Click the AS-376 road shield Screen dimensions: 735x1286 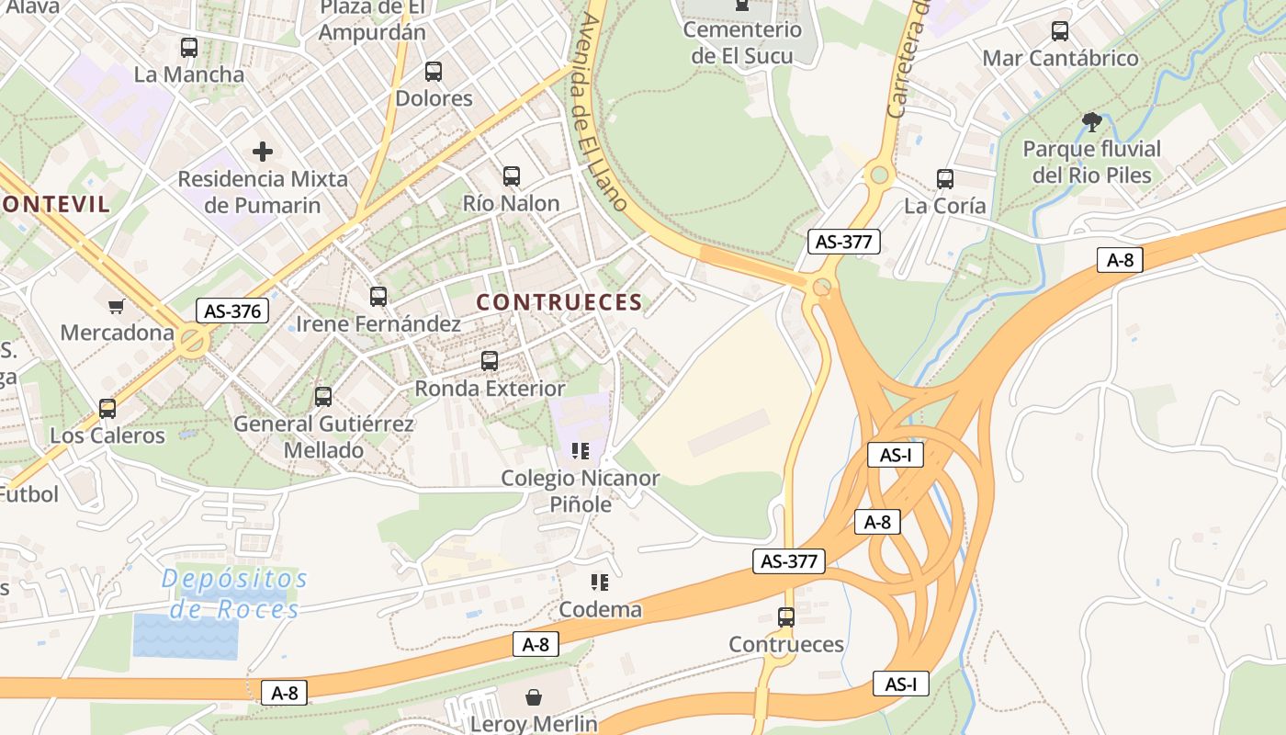(x=232, y=311)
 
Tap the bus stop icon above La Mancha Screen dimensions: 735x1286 (x=189, y=48)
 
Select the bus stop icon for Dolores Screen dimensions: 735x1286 (x=434, y=72)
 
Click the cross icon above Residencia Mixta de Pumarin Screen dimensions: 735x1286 (x=263, y=151)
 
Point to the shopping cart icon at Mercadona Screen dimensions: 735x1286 (x=117, y=306)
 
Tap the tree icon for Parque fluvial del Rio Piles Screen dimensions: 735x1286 (x=1091, y=121)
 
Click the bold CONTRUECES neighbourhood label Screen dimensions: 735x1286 (x=558, y=302)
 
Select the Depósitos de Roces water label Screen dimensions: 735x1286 (x=234, y=594)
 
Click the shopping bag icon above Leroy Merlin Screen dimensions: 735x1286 (x=534, y=698)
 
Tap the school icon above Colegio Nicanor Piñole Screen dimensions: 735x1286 (x=580, y=450)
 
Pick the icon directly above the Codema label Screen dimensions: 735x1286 (x=600, y=582)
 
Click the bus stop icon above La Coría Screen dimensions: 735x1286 (x=944, y=179)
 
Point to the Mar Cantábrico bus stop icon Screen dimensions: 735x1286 (x=1060, y=31)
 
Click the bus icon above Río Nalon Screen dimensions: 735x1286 (x=512, y=176)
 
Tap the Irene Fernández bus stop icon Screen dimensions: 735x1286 (x=378, y=297)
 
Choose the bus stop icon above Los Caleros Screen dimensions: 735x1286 (x=107, y=409)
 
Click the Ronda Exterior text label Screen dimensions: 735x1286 (x=490, y=389)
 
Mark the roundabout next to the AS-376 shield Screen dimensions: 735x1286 (x=192, y=342)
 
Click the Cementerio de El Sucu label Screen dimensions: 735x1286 (x=742, y=42)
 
